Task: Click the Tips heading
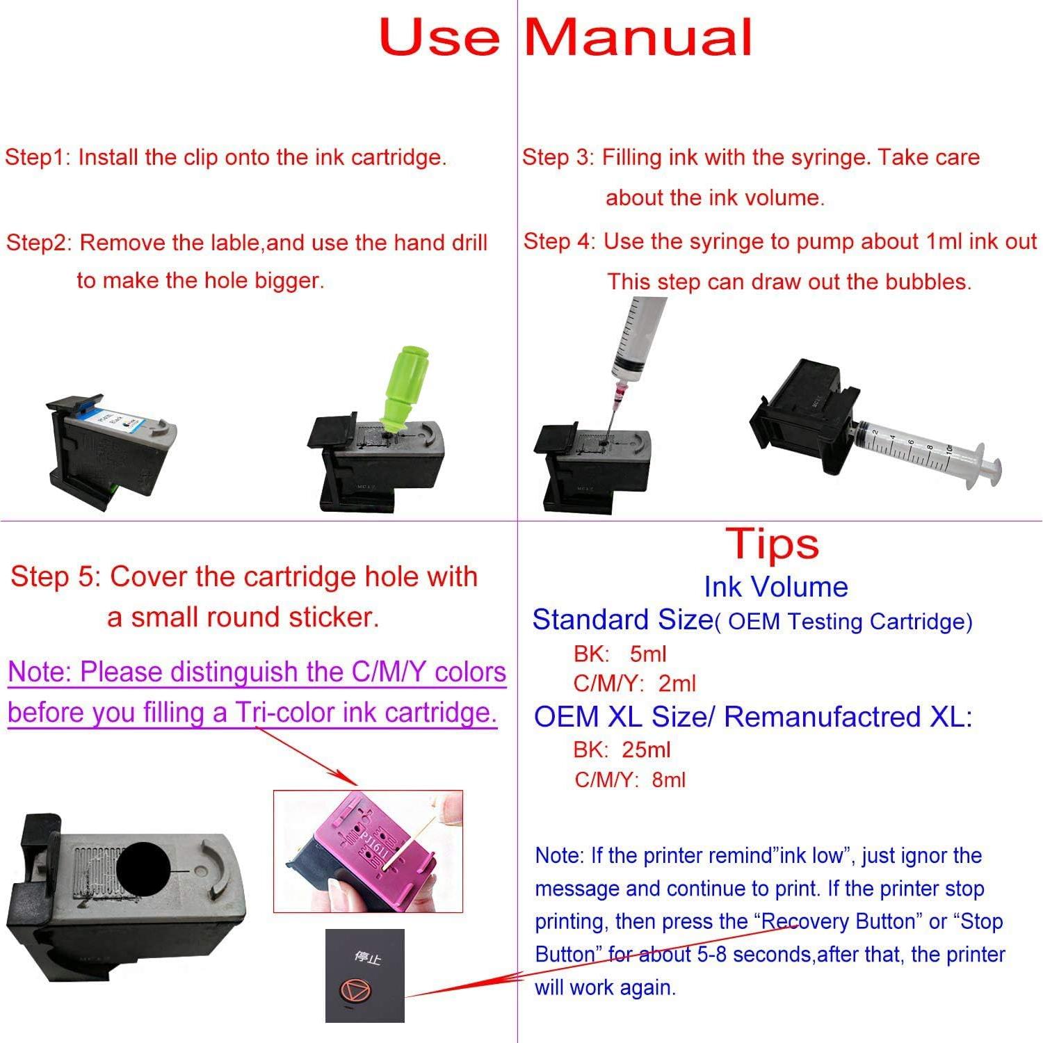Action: (773, 544)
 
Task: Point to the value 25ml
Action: (647, 750)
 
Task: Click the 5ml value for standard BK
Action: (648, 654)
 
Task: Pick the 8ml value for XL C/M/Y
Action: (669, 779)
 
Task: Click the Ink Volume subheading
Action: (776, 587)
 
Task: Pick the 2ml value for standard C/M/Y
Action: (677, 684)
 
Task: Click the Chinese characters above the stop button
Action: (367, 958)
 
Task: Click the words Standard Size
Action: (622, 620)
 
